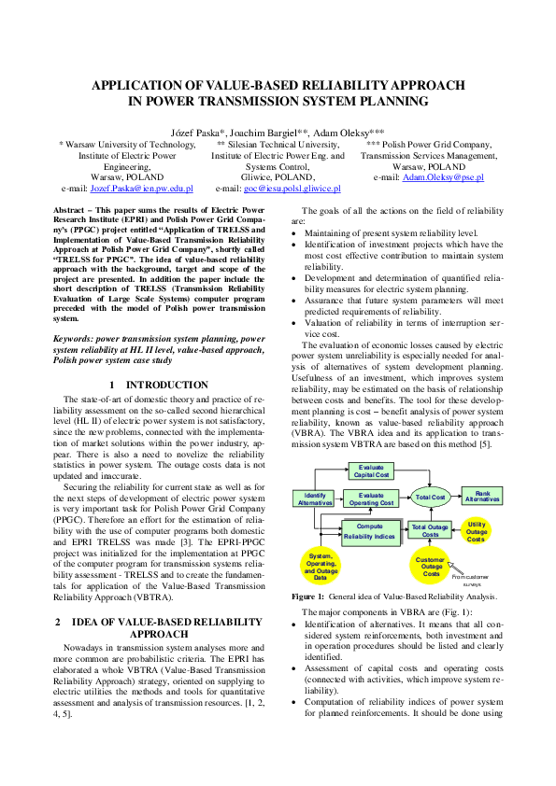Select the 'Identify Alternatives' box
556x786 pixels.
(315, 498)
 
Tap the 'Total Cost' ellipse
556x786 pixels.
(431, 498)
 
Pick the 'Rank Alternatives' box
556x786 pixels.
(482, 496)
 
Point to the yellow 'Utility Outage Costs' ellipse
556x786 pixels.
(477, 532)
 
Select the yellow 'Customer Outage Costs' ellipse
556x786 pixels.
(431, 566)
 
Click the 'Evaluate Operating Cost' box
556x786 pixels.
(371, 498)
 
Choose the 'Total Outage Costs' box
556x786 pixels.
(431, 530)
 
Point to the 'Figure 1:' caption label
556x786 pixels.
(308, 596)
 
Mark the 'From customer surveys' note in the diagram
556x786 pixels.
(469, 580)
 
